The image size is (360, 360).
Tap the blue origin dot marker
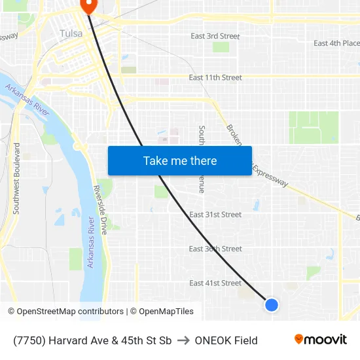[271, 304]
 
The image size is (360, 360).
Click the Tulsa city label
[71, 33]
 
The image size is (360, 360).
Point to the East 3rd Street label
[215, 36]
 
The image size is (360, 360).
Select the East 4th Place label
[336, 43]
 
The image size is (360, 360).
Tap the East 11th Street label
[215, 77]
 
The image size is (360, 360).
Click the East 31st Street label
[215, 215]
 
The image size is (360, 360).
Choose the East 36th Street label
[215, 249]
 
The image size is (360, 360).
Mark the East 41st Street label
[215, 283]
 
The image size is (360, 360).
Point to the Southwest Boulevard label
[16, 178]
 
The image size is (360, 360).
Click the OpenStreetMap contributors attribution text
[70, 312]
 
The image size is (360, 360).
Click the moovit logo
[320, 340]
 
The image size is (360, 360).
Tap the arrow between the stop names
[183, 340]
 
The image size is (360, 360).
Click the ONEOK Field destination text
[226, 340]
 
